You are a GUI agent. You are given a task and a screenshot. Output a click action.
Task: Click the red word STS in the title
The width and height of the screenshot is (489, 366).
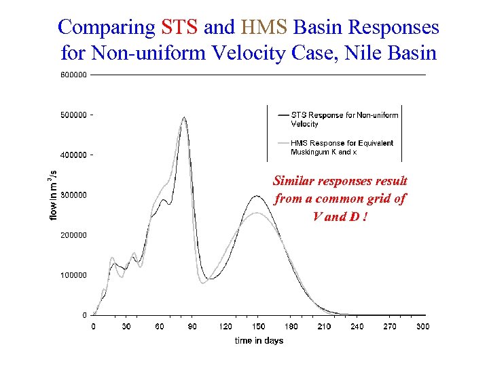tap(180, 27)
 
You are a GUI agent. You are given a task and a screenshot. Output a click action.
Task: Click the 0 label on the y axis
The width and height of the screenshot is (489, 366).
tap(84, 315)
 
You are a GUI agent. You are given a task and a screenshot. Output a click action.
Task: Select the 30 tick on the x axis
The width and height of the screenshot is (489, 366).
tap(126, 327)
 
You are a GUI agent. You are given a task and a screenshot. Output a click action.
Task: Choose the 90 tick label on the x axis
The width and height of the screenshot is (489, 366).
tap(192, 327)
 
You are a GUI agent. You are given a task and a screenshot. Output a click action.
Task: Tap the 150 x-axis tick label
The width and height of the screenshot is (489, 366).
tap(258, 327)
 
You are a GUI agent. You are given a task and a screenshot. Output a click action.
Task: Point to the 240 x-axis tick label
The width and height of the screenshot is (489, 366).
tap(357, 327)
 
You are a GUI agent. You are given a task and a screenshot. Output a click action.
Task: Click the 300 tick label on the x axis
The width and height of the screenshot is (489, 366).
tap(422, 327)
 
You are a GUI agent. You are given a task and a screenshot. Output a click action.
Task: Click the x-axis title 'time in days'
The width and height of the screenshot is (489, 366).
tap(259, 340)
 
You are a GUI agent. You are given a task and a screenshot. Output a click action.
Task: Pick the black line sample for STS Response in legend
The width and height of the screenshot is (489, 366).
tap(283, 115)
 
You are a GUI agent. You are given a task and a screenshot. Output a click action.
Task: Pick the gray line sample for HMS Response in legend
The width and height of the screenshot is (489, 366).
tap(283, 144)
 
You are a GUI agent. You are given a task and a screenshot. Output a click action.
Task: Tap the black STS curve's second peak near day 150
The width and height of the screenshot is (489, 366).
tap(256, 197)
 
